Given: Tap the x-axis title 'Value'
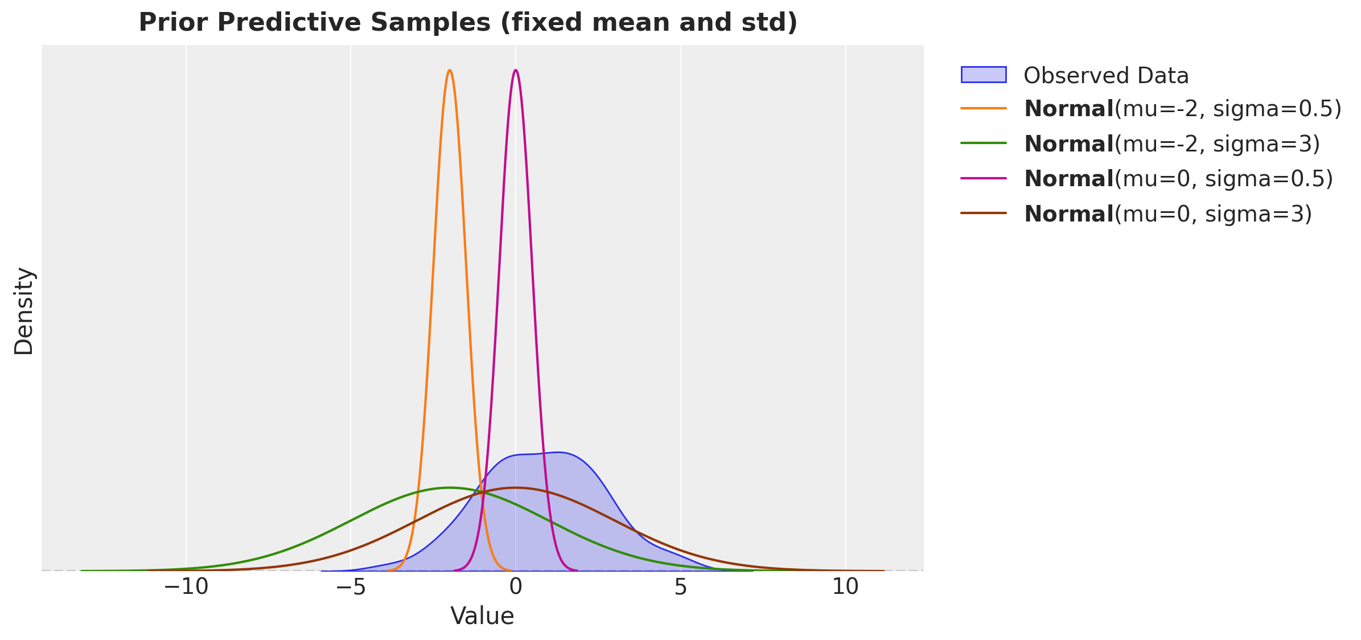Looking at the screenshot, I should (x=482, y=616).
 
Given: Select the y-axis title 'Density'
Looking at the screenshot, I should (x=24, y=311).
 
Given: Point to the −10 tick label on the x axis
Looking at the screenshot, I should (x=186, y=587).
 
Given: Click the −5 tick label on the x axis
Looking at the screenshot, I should (x=350, y=587).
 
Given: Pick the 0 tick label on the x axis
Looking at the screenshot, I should (x=516, y=587).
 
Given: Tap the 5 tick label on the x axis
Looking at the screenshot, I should (x=681, y=587).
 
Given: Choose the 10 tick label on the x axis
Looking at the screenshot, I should (x=845, y=587).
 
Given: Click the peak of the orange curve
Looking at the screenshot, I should (x=450, y=71).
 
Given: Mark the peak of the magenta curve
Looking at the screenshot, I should (x=516, y=71).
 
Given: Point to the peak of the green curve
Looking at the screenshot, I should (x=450, y=488).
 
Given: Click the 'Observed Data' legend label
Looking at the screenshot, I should (x=1106, y=76).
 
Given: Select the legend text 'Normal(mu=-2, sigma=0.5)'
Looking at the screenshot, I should (x=1182, y=109).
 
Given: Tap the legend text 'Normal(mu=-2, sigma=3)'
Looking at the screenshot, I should (x=1171, y=144).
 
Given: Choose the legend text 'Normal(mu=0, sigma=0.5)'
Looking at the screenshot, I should (x=1178, y=179).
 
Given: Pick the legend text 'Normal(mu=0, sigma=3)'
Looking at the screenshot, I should (x=1167, y=214).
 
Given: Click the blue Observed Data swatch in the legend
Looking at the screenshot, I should (x=983, y=75).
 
